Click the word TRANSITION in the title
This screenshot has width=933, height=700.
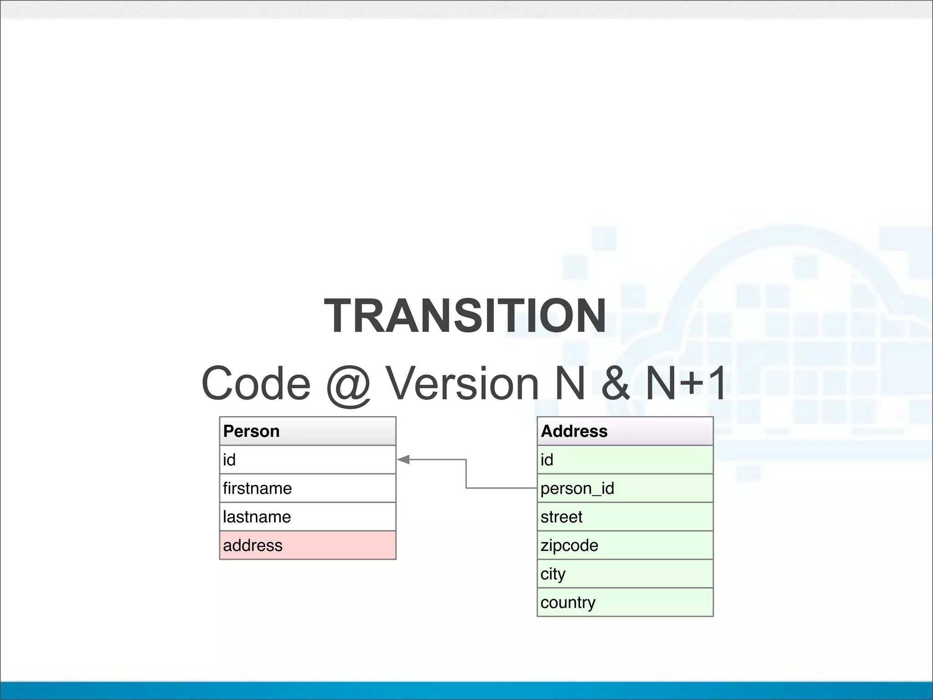pos(465,315)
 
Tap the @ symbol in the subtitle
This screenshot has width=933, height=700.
pos(349,384)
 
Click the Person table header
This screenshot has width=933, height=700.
pos(308,431)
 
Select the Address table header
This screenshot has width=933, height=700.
pos(625,431)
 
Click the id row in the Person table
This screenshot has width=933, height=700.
pos(308,460)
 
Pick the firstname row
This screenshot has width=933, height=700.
pos(308,488)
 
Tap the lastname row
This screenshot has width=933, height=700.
pos(308,517)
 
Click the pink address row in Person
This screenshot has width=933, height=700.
pos(308,545)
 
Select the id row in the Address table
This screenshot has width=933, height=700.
pos(625,460)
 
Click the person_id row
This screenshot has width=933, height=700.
pos(625,488)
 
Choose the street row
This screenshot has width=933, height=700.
pos(625,517)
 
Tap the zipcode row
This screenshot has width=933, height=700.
pos(625,545)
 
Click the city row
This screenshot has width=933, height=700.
pos(625,574)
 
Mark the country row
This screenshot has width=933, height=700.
pos(625,602)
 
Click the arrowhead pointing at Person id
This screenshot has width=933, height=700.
pos(404,460)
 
